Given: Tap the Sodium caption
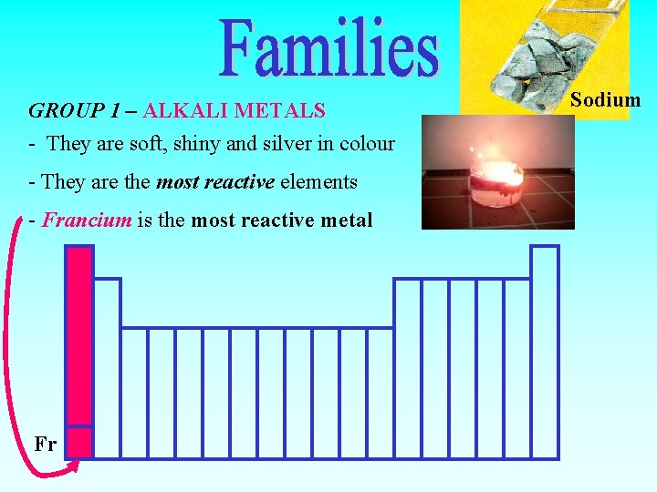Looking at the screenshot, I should (x=605, y=99).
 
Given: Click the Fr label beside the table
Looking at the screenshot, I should (x=46, y=445).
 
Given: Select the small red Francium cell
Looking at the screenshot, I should (x=79, y=442).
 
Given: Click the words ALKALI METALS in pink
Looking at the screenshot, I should (x=234, y=111).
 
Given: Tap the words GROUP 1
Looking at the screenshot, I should (x=74, y=111).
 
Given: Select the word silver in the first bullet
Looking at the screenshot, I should (x=266, y=144).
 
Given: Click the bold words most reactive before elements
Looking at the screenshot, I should (x=215, y=182).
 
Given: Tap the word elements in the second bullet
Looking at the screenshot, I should (x=318, y=182).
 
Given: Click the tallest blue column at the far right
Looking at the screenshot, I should (x=545, y=351).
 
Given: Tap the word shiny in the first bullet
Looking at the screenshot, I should (x=155, y=144).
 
